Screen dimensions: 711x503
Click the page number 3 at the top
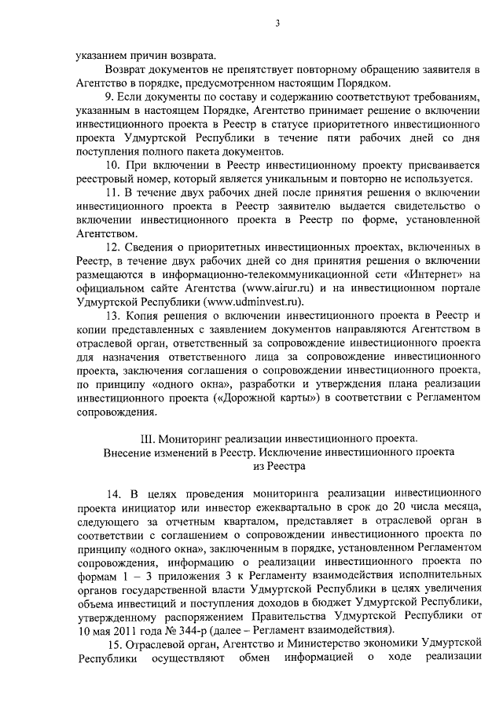(x=278, y=24)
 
